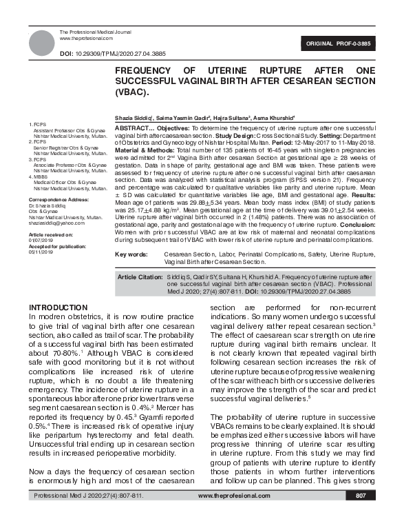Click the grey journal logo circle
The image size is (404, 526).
point(42,41)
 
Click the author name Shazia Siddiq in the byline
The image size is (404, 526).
point(134,118)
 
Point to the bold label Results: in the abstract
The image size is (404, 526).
point(359,176)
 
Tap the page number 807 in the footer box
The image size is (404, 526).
point(360,515)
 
